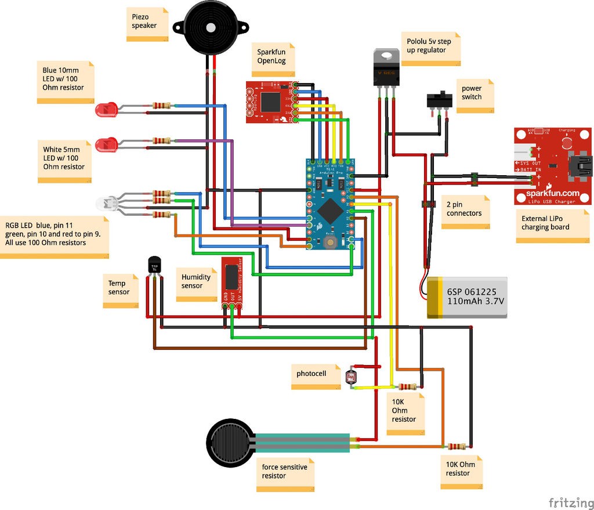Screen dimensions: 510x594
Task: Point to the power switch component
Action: click(439, 100)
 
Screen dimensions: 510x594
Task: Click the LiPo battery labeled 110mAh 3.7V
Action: click(468, 297)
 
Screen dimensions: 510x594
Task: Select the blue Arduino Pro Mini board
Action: click(329, 204)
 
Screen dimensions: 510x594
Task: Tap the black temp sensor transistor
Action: click(154, 265)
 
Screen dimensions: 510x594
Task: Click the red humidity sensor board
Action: click(231, 281)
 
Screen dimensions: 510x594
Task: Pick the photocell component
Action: click(350, 377)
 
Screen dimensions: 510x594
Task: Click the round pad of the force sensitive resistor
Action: click(231, 442)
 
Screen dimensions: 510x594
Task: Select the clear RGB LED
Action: click(107, 202)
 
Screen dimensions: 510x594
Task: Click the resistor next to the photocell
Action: click(409, 387)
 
